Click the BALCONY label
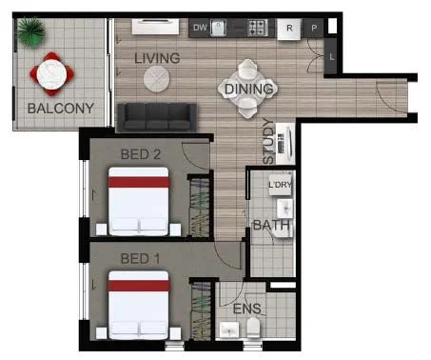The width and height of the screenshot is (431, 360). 60,109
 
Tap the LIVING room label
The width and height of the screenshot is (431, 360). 157,59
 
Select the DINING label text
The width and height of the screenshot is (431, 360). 249,90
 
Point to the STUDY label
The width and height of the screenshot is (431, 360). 269,142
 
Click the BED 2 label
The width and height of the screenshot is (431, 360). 141,154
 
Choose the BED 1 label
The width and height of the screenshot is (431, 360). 140,258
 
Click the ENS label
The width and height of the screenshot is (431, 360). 249,310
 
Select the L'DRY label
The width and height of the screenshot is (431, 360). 282,185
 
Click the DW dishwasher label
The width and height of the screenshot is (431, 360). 200,28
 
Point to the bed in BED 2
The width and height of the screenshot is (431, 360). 139,201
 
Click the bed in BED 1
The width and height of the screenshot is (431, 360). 139,305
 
